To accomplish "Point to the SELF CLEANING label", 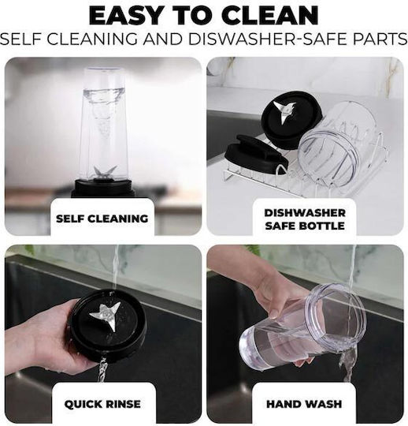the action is tap(102, 219).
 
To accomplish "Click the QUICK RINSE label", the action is tap(102, 404).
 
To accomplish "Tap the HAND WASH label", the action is tap(304, 404).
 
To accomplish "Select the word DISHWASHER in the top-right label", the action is tap(305, 213).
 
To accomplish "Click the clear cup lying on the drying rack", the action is tap(338, 144).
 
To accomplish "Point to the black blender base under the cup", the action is tap(104, 188).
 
